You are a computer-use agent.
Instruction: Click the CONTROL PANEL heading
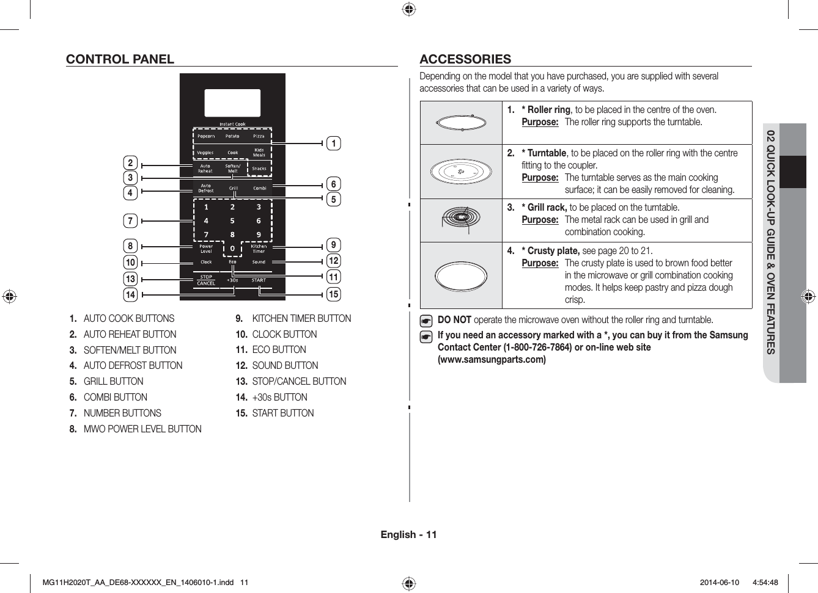(x=120, y=59)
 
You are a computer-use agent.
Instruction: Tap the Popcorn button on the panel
(x=206, y=136)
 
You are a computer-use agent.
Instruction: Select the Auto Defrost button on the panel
(x=206, y=188)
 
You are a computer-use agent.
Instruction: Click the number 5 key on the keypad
(x=232, y=221)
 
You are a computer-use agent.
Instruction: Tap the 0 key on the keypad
(x=232, y=249)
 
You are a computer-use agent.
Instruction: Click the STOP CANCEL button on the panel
(x=206, y=280)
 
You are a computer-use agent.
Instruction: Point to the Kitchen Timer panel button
(x=259, y=249)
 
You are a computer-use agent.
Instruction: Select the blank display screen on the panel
(x=232, y=103)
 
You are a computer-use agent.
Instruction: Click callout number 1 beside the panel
(x=333, y=144)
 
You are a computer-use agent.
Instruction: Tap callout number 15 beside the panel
(x=333, y=294)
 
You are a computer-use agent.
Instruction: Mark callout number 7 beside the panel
(x=130, y=221)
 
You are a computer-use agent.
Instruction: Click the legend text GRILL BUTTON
(x=114, y=382)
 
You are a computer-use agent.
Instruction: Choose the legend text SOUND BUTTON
(x=285, y=366)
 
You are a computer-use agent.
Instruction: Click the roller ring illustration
(x=462, y=122)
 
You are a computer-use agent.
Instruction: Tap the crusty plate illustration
(x=462, y=275)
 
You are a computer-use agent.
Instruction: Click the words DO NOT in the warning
(x=454, y=320)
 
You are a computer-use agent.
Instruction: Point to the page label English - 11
(x=408, y=535)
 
